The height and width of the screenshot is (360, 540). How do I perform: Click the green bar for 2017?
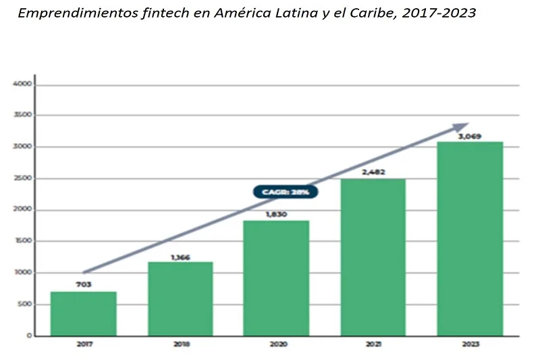[x=84, y=313]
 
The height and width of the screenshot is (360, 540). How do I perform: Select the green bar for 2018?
[x=180, y=299]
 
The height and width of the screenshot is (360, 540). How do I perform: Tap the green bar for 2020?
[x=276, y=278]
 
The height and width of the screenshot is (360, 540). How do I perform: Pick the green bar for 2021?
[x=373, y=257]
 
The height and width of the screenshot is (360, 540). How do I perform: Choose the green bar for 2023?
[x=470, y=238]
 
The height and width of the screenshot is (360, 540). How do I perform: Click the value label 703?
[x=84, y=284]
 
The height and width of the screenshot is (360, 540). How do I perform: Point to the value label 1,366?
[x=180, y=257]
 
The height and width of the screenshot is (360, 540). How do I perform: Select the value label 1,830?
[x=276, y=214]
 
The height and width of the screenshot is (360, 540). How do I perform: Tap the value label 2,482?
[x=373, y=172]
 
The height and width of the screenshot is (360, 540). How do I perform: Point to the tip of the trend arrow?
[x=468, y=124]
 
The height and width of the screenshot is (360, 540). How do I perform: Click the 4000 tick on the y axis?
[x=22, y=84]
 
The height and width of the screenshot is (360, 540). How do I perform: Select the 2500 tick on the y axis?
[x=22, y=179]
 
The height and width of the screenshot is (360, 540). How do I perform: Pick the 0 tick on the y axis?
[x=29, y=336]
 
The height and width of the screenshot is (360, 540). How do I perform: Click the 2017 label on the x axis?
[x=84, y=344]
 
